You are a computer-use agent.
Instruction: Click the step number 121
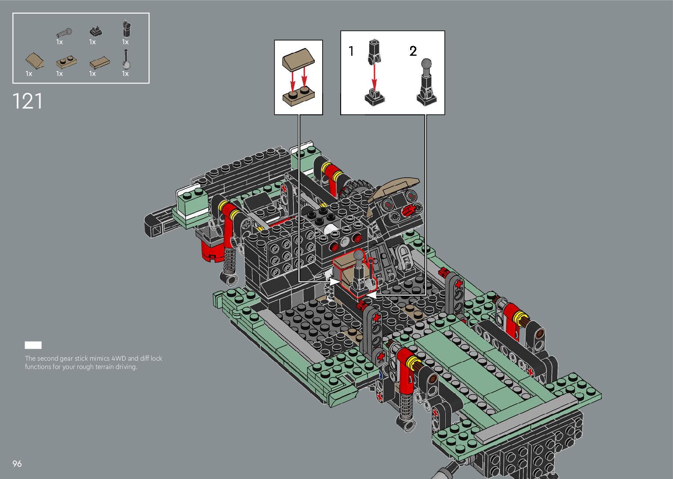tap(28, 101)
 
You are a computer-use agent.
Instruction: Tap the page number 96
tap(17, 464)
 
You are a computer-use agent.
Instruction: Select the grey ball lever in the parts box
tap(64, 33)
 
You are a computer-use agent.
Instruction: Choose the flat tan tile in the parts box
tap(100, 62)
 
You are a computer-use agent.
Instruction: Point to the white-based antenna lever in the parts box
tap(126, 59)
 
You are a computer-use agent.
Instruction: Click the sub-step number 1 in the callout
tap(351, 51)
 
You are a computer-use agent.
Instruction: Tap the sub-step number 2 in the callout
tap(413, 51)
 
